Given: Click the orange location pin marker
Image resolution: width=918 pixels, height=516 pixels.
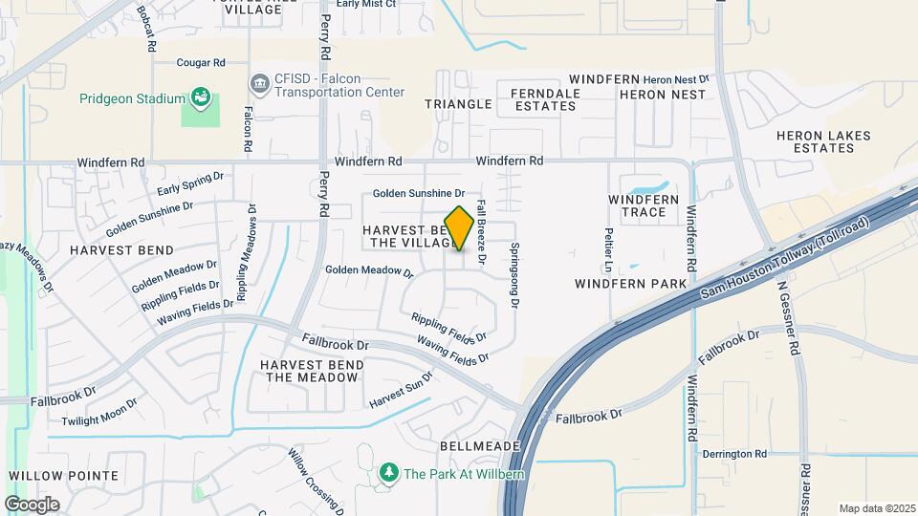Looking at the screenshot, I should point(459,228).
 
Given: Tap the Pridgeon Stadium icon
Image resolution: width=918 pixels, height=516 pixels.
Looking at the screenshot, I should point(200,97).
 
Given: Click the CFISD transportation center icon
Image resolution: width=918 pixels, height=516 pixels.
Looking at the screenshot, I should point(259,84).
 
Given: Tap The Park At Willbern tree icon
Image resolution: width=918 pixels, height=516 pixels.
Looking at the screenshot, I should point(388,472).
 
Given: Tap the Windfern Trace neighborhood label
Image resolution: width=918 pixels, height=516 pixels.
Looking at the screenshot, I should point(644,205).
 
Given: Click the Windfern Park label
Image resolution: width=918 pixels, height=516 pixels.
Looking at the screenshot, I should point(630,284).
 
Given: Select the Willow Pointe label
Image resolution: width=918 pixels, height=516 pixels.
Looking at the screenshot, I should point(63,475).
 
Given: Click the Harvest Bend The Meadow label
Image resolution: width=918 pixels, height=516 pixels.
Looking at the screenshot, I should point(311,371).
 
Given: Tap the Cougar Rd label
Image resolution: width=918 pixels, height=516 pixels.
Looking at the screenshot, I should point(200,63).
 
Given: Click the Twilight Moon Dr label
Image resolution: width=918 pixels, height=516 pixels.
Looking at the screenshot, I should point(99,416).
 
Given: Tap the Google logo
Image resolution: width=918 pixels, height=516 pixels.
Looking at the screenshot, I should point(32,505).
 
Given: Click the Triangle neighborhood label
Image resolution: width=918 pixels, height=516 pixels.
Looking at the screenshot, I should point(457,103).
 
